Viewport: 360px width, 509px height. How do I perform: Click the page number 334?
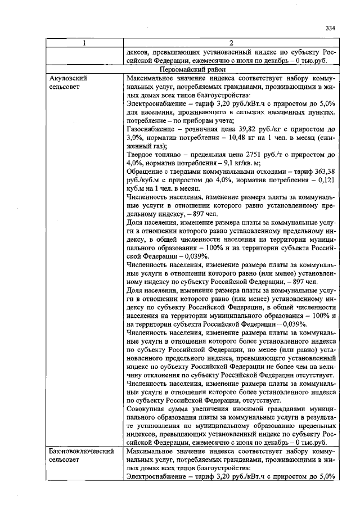330,28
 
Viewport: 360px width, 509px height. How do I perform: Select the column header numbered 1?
84,43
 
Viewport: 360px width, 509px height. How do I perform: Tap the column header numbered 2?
231,43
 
